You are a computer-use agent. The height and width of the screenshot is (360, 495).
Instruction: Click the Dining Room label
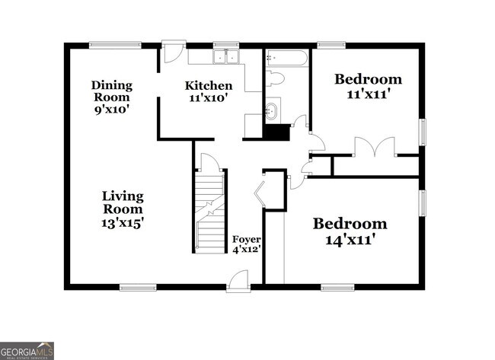(112, 91)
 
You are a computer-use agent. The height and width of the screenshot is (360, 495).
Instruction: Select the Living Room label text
(123, 202)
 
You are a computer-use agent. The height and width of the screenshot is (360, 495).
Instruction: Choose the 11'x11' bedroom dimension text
(368, 94)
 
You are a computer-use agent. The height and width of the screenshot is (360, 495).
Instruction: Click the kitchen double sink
(225, 56)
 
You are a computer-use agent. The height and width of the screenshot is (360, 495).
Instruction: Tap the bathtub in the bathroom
(287, 58)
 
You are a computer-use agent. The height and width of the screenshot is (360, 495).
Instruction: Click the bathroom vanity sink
(271, 113)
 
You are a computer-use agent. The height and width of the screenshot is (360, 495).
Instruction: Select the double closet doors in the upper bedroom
(374, 147)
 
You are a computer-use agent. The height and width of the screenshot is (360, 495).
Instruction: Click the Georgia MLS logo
(27, 350)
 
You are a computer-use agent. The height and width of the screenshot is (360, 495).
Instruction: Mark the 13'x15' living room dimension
(123, 223)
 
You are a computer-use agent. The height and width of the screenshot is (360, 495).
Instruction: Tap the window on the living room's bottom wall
(137, 287)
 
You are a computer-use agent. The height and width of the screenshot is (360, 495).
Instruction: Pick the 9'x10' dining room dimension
(112, 109)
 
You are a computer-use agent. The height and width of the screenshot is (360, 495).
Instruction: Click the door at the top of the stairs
(209, 162)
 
